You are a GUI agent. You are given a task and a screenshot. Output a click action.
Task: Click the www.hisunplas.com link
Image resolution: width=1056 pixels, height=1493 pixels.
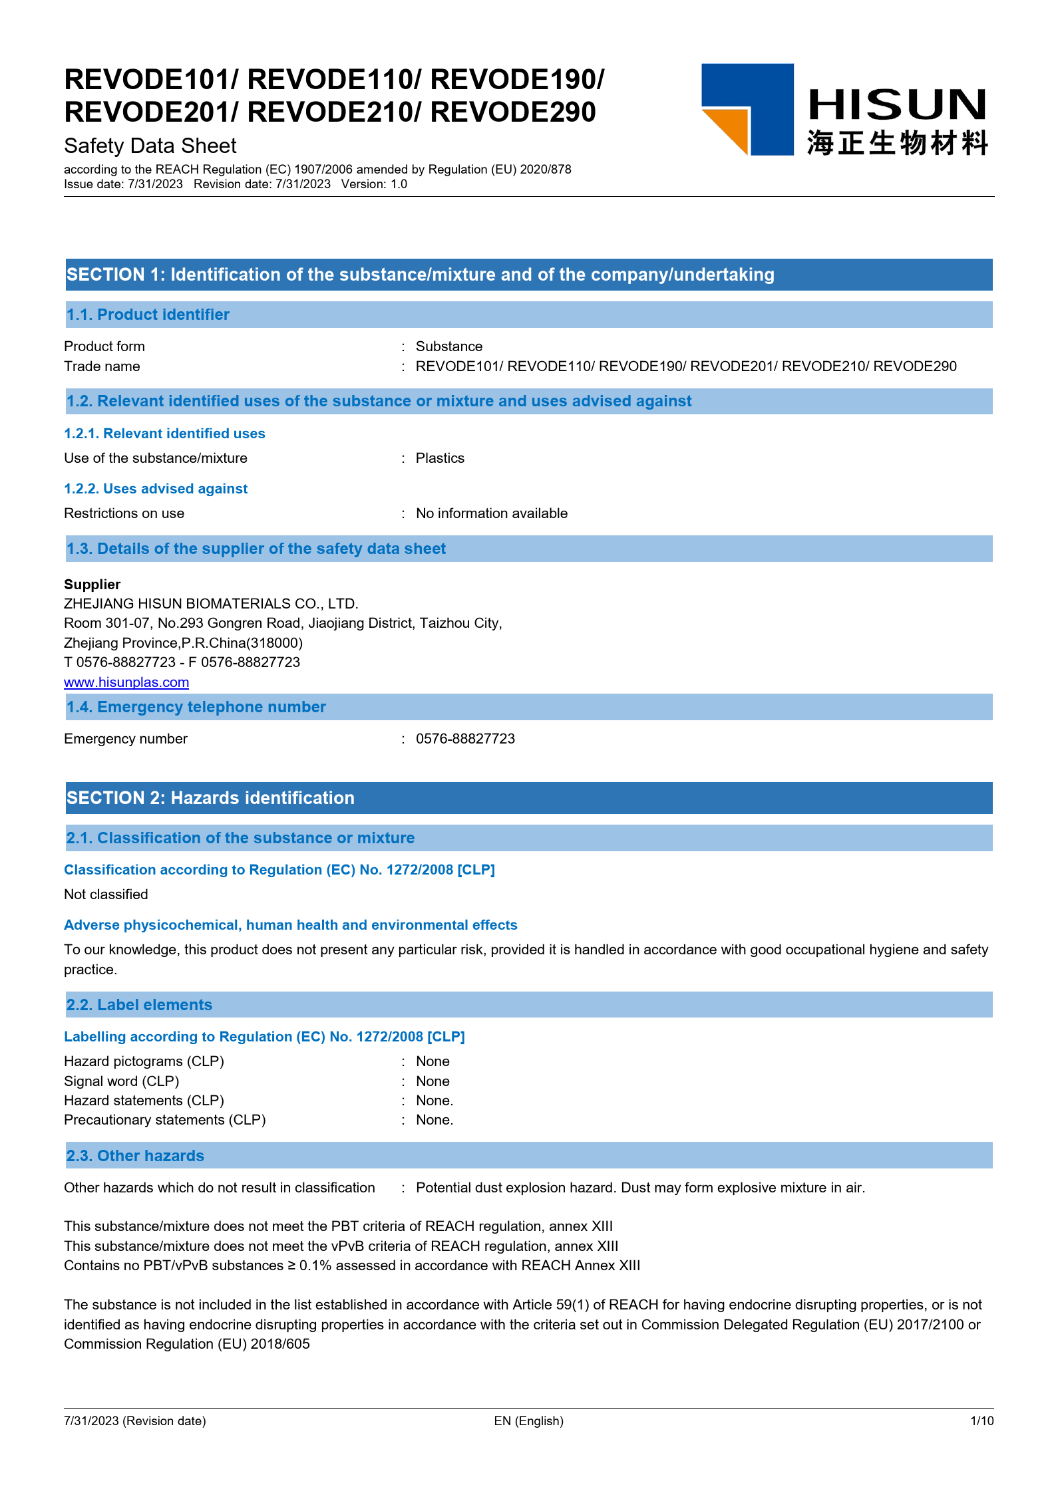pos(126,682)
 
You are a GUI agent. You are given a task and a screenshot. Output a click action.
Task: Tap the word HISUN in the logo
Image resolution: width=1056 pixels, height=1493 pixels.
pos(897,105)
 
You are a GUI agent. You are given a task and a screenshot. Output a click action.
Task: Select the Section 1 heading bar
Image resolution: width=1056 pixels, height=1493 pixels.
pos(528,275)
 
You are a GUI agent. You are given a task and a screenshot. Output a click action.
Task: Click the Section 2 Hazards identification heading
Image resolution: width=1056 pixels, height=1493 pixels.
pos(210,798)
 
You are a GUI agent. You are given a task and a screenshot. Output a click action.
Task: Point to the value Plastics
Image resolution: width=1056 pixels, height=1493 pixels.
pos(440,458)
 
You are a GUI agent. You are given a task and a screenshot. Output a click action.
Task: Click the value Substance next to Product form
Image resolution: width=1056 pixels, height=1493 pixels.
pos(449,346)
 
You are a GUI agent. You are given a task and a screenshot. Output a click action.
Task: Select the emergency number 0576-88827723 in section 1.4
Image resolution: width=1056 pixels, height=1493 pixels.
pos(465,739)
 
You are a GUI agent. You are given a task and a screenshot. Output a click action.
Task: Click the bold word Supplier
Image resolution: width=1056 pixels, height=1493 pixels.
pos(92,585)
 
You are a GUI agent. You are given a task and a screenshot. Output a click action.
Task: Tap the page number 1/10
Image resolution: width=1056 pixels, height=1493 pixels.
pos(981,1421)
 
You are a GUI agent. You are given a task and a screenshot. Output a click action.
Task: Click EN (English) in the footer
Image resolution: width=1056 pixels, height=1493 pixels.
pos(528,1421)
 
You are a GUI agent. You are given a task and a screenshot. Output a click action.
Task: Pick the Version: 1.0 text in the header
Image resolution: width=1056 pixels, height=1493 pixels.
pos(374,184)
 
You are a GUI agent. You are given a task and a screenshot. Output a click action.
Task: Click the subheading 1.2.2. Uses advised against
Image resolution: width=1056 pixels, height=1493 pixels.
pos(156,489)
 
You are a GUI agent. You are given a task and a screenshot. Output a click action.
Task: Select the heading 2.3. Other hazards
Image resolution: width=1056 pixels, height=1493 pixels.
pos(135,1156)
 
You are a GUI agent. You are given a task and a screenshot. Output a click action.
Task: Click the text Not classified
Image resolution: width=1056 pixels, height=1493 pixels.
pos(106,894)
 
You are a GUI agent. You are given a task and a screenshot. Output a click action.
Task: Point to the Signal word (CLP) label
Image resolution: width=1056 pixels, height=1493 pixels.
pos(122,1081)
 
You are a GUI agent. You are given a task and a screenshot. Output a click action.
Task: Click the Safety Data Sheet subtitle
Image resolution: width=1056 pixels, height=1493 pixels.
pos(150,146)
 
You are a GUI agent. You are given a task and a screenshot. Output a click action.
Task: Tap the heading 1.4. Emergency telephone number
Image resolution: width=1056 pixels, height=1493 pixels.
pos(196,707)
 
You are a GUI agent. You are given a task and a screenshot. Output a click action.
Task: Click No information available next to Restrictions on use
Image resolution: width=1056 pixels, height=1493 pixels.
pos(492,513)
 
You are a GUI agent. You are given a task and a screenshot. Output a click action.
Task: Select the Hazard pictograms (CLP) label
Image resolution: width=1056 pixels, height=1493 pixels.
pos(144,1061)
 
